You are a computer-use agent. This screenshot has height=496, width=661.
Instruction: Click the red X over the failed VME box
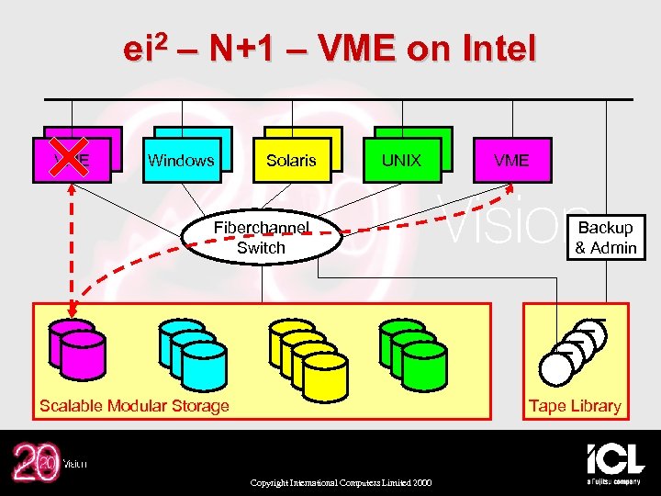tap(71, 155)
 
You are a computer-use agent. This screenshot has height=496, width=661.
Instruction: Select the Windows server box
tap(181, 160)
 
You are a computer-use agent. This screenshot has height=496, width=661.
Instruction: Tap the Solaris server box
tap(291, 160)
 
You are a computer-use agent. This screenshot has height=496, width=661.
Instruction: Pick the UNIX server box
tap(401, 160)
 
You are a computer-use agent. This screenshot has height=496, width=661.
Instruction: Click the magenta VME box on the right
tap(511, 160)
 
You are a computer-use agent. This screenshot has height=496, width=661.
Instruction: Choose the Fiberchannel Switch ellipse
tap(261, 238)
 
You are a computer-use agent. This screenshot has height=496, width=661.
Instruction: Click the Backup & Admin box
tap(605, 237)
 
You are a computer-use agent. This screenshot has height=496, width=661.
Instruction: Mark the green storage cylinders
tap(412, 349)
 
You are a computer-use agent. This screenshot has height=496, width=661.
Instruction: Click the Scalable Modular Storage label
tap(134, 406)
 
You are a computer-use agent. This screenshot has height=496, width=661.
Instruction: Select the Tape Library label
tap(575, 406)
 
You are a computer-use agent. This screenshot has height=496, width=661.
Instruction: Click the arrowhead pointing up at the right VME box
tap(510, 188)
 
